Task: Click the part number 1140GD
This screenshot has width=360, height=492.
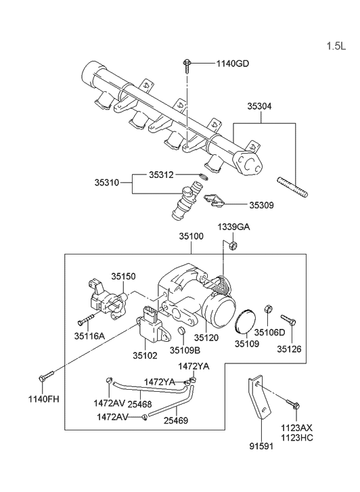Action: [232, 64]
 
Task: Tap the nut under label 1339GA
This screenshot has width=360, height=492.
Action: [233, 245]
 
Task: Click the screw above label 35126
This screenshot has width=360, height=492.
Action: [288, 319]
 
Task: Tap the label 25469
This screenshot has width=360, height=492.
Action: [175, 420]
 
